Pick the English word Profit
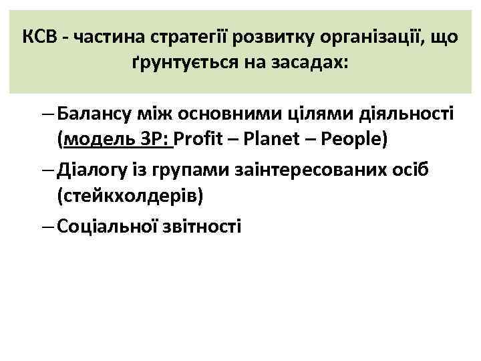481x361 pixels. (x=198, y=141)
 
